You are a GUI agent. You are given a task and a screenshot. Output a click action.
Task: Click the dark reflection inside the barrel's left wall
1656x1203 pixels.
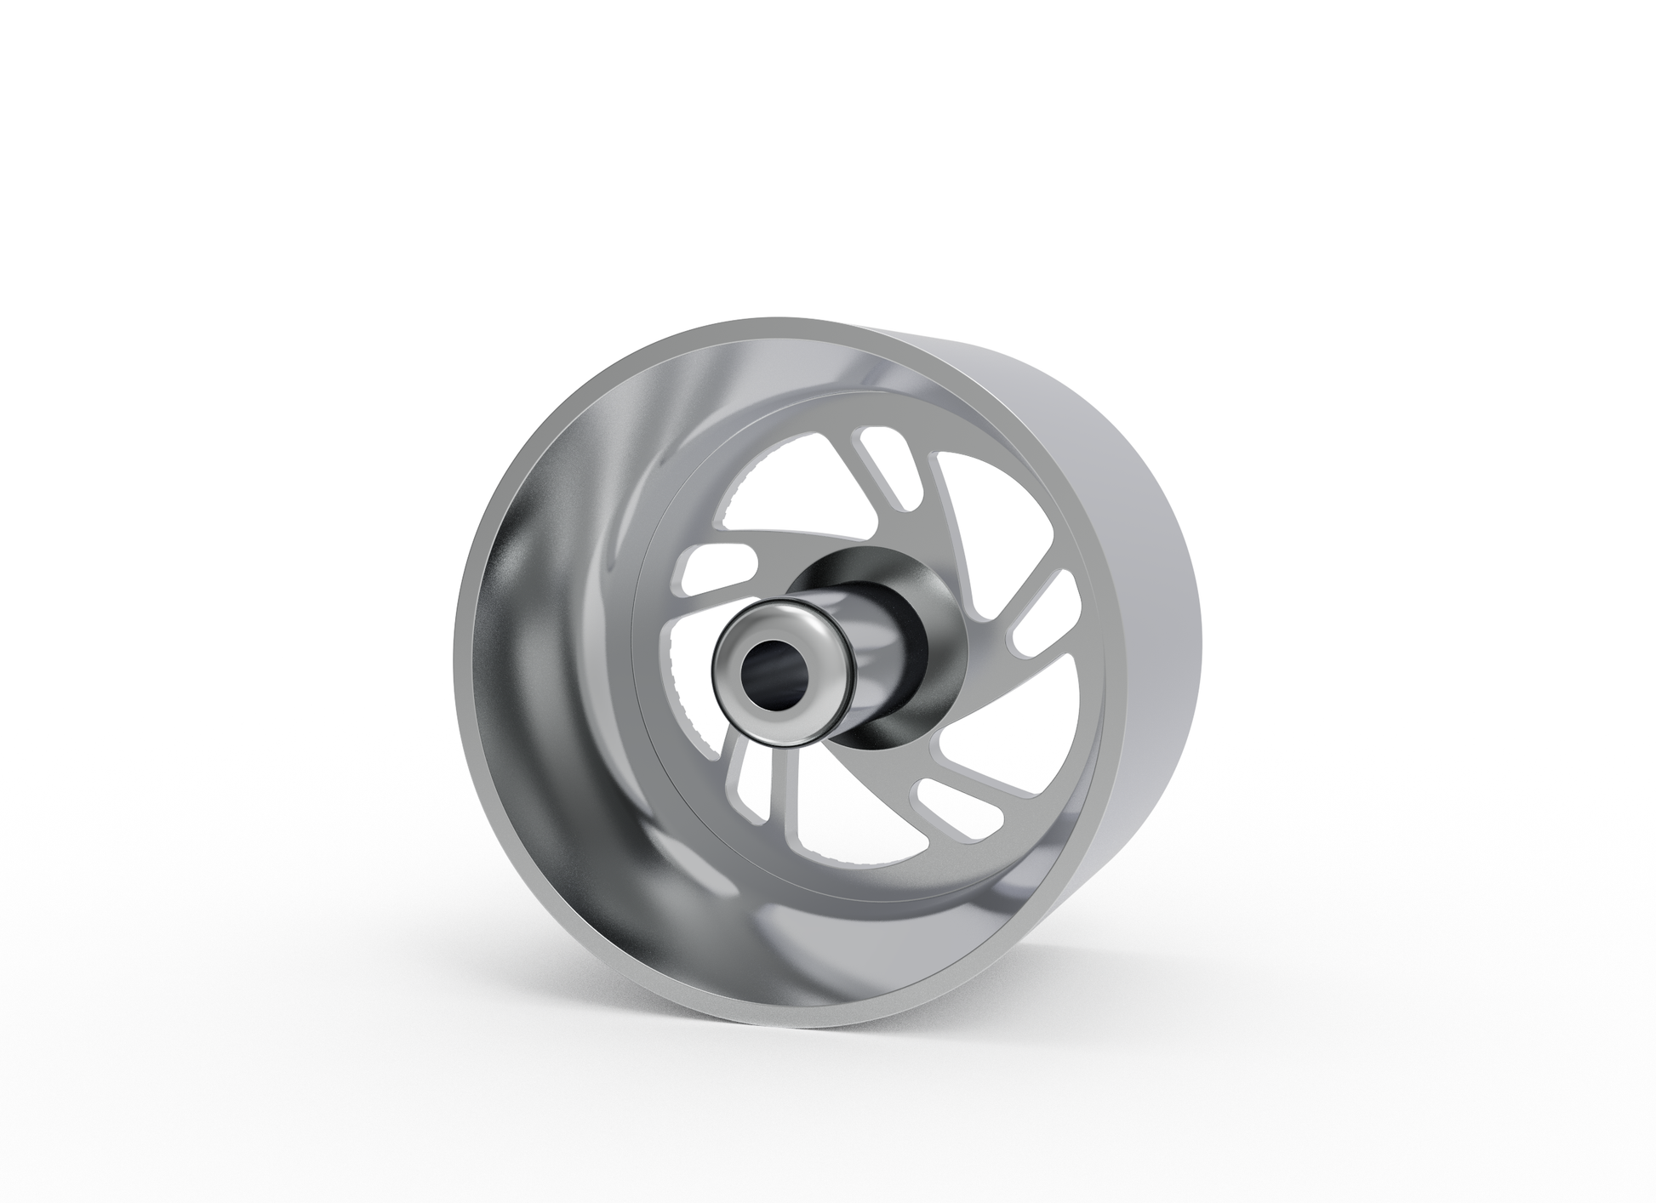pyautogui.click(x=511, y=596)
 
